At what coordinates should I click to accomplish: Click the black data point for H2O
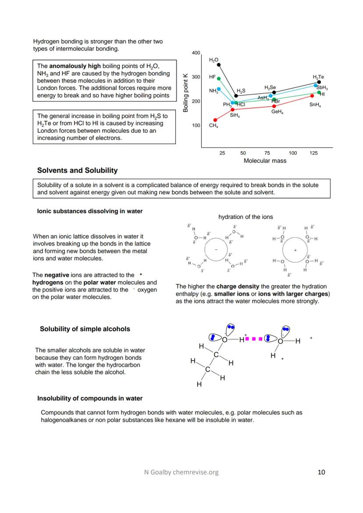(219, 65)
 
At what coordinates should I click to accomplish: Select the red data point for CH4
(215, 120)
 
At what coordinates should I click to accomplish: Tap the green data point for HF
(219, 79)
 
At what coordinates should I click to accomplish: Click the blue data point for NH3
(219, 89)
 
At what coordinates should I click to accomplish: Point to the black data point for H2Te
(319, 82)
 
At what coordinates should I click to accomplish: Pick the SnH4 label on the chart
(315, 105)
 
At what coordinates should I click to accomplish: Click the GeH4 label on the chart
(277, 112)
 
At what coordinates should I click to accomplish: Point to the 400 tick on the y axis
(196, 53)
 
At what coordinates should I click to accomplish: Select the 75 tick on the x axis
(267, 153)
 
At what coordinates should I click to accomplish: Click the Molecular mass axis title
(265, 161)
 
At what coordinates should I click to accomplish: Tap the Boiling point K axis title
(185, 92)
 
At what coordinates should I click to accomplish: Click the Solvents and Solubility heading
(77, 170)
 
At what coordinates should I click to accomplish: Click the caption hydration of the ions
(246, 217)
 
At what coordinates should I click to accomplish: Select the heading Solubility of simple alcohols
(85, 329)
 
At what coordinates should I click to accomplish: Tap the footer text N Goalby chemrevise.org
(181, 472)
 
